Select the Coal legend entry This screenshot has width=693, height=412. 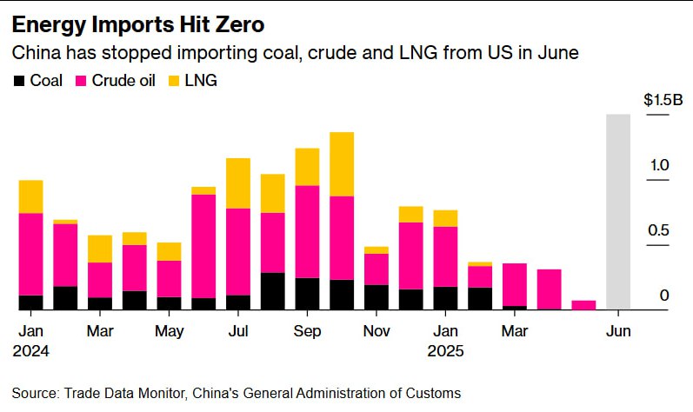[38, 81]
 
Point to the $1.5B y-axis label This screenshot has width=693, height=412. [656, 101]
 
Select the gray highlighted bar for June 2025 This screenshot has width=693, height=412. [618, 211]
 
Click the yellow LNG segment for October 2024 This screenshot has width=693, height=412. [342, 164]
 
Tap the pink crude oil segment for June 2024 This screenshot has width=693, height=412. [203, 246]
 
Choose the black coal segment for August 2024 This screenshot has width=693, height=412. [272, 291]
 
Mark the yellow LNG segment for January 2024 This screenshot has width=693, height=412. [31, 196]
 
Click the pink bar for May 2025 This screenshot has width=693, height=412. [583, 305]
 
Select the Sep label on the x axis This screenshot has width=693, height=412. [307, 332]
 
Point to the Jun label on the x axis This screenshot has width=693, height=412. [618, 332]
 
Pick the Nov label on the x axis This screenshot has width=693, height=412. [376, 332]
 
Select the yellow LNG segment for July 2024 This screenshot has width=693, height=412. [238, 183]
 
